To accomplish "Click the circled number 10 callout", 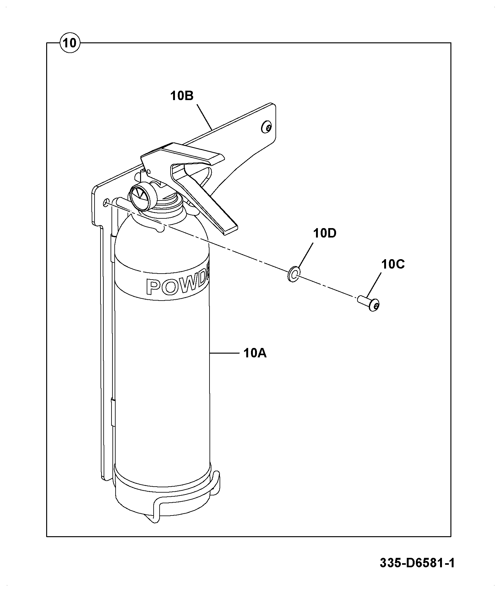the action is pyautogui.click(x=70, y=43).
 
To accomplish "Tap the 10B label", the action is pyautogui.click(x=182, y=96).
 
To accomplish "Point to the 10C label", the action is pyautogui.click(x=393, y=264).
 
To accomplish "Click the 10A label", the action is pyautogui.click(x=255, y=353).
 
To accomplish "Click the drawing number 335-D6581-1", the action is pyautogui.click(x=417, y=563).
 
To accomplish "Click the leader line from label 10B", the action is pyautogui.click(x=205, y=117).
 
